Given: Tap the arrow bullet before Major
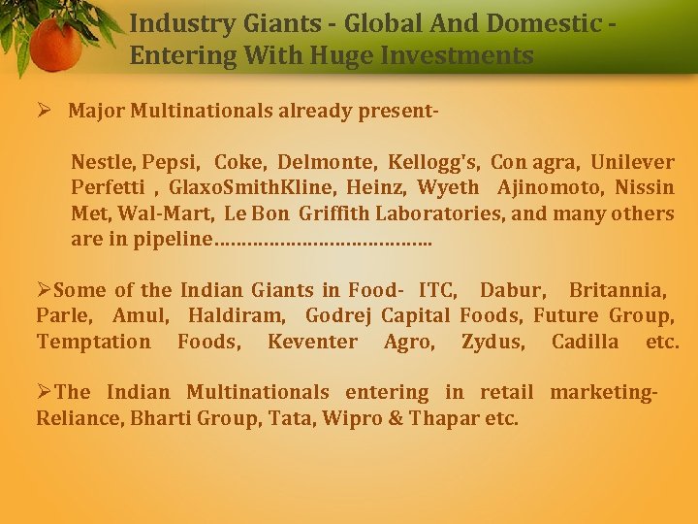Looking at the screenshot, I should (44, 111).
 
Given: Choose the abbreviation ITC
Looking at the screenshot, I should (438, 290).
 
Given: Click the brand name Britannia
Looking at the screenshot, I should (617, 290).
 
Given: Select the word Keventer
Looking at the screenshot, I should (311, 342).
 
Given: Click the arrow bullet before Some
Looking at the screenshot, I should (44, 290).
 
